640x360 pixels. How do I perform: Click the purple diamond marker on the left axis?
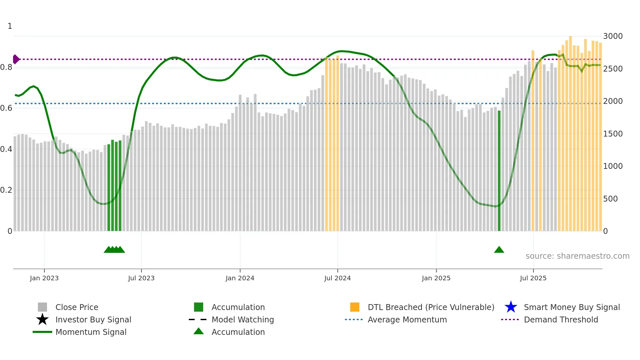tap(16, 59)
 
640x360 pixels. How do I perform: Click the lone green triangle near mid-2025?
tap(499, 250)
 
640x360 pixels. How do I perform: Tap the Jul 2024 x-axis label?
tap(337, 278)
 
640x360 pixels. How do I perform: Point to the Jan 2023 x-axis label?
tap(44, 278)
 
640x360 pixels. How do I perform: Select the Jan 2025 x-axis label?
tap(436, 278)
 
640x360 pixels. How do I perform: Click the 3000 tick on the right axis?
tap(613, 36)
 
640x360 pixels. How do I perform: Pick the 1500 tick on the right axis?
tap(613, 134)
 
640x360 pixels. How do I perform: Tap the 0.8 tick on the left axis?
tap(7, 67)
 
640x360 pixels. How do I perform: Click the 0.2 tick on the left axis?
tap(7, 190)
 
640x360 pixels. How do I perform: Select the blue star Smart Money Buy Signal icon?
tap(511, 307)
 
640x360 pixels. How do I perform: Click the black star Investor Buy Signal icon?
tap(42, 319)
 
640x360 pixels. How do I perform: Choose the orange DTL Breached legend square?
tap(355, 307)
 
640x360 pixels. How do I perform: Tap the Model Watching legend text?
tap(243, 319)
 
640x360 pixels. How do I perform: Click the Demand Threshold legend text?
tap(561, 319)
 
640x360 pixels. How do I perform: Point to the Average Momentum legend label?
tap(407, 319)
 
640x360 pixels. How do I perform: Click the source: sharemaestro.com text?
tap(577, 256)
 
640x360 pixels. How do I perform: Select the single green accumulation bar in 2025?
tap(499, 170)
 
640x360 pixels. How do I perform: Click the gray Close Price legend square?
tap(42, 307)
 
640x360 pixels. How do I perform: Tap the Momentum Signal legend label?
tap(91, 332)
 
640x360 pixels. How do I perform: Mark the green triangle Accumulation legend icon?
tap(199, 331)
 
